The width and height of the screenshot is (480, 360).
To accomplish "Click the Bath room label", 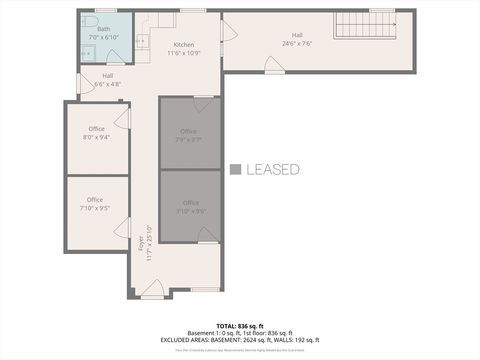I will [104, 29].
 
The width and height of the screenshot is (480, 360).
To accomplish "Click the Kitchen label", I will [184, 45].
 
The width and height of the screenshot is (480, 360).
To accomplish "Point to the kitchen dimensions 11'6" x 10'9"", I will [184, 52].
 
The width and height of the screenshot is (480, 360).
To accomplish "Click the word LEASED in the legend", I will [272, 170].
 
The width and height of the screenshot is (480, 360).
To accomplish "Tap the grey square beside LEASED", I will [235, 170].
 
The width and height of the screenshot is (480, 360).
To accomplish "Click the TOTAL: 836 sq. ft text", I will [239, 326].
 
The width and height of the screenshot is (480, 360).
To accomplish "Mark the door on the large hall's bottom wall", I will [273, 65].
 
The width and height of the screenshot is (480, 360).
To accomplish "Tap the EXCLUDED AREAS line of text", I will [240, 339].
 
